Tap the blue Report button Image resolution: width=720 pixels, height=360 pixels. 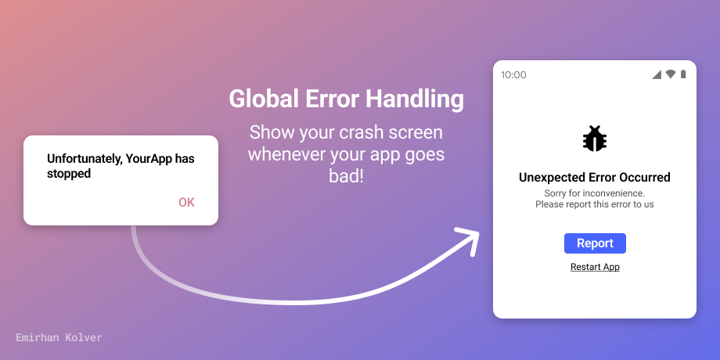point(595,243)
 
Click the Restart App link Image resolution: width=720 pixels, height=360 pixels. point(595,267)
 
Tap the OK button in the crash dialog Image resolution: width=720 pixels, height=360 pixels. point(186,203)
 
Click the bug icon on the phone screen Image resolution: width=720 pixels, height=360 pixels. point(595,139)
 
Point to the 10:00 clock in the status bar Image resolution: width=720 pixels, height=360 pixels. point(513,75)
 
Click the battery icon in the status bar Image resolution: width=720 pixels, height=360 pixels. point(683,74)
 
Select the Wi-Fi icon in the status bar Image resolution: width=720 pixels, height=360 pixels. point(671,74)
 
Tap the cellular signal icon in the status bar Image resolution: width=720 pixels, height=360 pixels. point(657,74)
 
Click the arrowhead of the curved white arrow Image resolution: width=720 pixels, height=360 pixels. point(469,239)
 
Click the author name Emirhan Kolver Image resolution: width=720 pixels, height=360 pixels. point(59,337)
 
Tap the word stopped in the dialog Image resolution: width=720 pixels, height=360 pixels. point(69,173)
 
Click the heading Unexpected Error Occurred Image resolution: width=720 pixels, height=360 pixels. point(595,178)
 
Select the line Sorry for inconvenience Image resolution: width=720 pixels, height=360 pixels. point(595,193)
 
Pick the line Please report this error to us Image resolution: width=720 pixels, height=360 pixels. point(595,204)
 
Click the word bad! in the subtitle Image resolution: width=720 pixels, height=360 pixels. point(346,176)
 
